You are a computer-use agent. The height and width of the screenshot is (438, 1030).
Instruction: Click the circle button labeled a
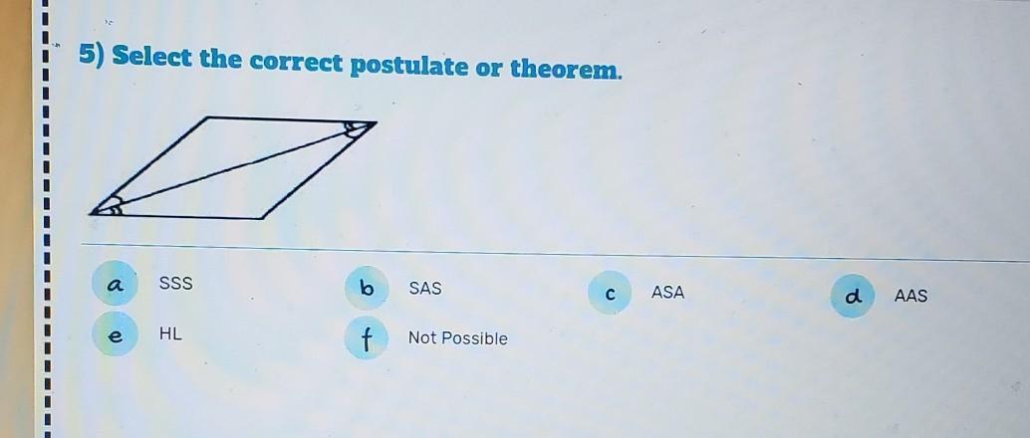[x=115, y=285]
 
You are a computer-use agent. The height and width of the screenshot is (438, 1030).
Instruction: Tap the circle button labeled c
[x=611, y=293]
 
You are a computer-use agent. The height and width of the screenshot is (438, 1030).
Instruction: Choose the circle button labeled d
[x=853, y=297]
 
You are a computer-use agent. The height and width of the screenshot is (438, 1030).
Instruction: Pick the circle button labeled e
[x=115, y=334]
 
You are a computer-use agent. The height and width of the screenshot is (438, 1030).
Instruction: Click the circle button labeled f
[x=367, y=338]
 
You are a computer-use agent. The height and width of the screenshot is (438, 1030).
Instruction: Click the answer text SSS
[x=176, y=284]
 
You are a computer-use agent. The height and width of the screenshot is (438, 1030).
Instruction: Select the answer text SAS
[x=425, y=289]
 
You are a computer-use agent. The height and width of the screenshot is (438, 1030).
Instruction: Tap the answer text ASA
[x=667, y=293]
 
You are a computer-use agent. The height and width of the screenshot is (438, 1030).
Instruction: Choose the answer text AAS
[x=911, y=297]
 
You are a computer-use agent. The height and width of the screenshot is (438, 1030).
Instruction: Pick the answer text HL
[x=170, y=333]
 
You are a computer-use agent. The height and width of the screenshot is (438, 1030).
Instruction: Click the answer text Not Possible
[x=458, y=338]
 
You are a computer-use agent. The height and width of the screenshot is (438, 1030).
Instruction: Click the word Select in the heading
[x=151, y=57]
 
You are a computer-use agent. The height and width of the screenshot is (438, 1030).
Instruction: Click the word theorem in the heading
[x=566, y=69]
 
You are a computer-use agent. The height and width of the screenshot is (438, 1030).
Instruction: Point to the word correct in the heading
[x=295, y=62]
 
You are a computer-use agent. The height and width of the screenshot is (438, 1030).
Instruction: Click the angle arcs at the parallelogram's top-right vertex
[x=356, y=128]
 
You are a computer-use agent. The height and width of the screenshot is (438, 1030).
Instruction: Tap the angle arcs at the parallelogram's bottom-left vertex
[x=111, y=205]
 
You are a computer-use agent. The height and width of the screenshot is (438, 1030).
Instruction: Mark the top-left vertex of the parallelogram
[x=207, y=117]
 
